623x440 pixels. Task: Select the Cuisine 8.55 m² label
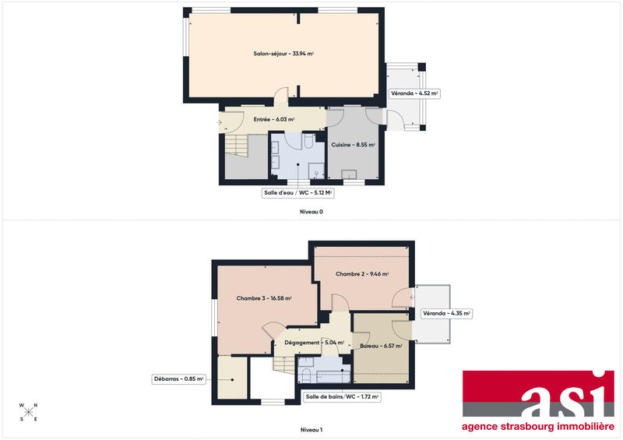click(x=354, y=145)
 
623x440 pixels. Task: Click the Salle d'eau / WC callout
click(x=297, y=192)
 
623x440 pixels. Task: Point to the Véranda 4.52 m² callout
click(x=415, y=93)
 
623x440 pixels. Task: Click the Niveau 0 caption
click(x=311, y=212)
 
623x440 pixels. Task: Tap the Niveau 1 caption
click(x=311, y=430)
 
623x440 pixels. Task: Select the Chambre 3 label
click(x=263, y=297)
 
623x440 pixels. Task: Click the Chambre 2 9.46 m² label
click(x=362, y=274)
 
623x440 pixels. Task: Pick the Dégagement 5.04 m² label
click(x=314, y=342)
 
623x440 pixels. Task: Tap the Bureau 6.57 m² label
click(x=381, y=346)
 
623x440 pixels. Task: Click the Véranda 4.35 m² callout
click(x=446, y=314)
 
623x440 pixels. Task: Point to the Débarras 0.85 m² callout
click(x=178, y=380)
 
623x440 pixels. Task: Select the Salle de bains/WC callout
click(x=342, y=396)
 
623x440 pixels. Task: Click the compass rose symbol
click(x=28, y=412)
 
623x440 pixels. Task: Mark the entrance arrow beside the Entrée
click(x=220, y=121)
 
